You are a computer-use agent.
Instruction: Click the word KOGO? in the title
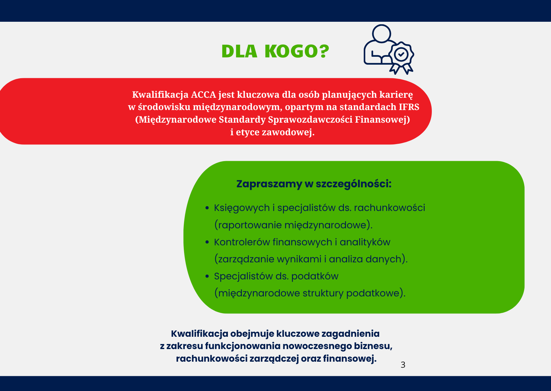pos(297,51)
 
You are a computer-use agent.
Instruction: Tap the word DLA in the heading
pos(239,51)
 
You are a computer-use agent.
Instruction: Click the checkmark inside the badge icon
pos(401,54)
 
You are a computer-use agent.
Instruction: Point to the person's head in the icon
pos(381,33)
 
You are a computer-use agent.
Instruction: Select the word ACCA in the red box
pos(203,95)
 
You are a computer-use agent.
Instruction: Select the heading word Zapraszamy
pos(269,184)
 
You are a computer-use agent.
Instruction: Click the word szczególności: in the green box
pos(353,184)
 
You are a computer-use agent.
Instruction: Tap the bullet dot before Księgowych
pos(207,208)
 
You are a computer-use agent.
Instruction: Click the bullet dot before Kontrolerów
pos(207,242)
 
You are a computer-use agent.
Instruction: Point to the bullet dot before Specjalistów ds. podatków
pos(207,276)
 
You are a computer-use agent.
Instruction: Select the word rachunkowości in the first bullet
pos(390,208)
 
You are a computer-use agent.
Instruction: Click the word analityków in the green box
pos(365,242)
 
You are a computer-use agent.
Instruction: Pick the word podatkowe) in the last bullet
pos(376,293)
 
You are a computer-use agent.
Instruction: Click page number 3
pos(403,365)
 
